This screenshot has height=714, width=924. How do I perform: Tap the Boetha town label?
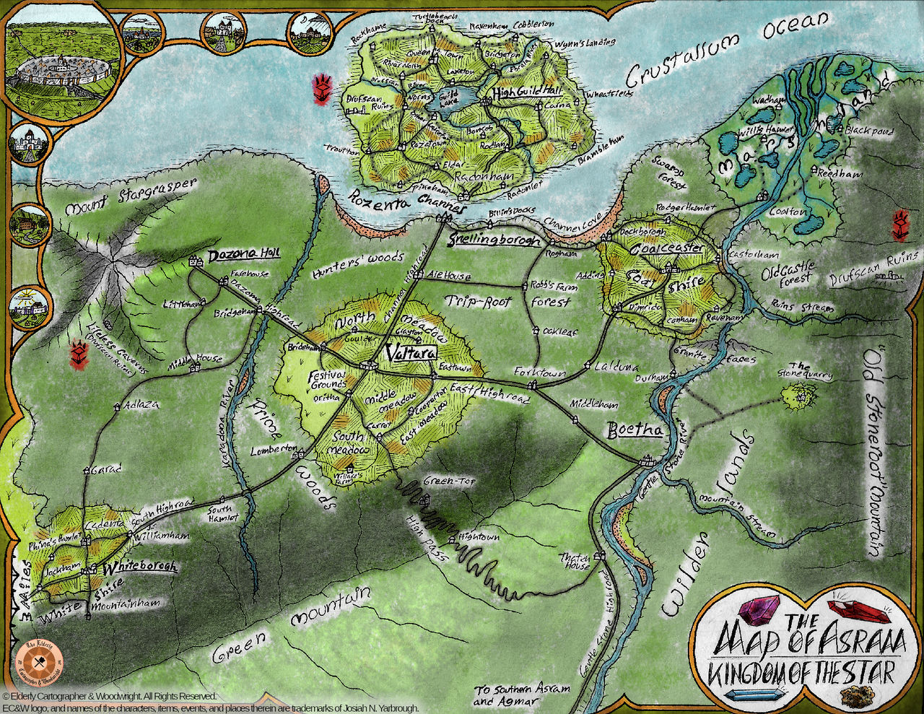pos(635,430)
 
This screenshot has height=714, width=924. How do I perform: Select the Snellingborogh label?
pos(494,240)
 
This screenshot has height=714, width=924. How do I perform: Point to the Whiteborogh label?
pos(139,567)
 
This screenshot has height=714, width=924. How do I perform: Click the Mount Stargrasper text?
pos(130,198)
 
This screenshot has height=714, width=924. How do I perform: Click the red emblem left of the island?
pos(321,87)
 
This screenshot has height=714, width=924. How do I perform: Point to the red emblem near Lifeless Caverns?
pos(78,354)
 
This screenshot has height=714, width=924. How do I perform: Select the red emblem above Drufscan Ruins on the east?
pos(901,225)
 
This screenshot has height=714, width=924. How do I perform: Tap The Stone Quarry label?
pos(808,370)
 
